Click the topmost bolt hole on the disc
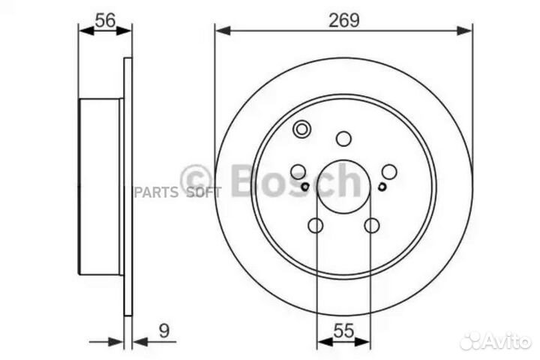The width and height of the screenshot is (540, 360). (343, 138)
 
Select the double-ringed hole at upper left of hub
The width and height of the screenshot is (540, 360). (301, 129)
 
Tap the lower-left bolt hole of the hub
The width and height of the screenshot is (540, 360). (316, 225)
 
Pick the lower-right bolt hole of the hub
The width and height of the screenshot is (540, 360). (371, 225)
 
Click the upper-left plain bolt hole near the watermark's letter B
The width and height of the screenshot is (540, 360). (298, 171)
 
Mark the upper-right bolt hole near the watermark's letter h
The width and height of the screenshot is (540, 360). (389, 171)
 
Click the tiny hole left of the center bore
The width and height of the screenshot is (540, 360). (305, 187)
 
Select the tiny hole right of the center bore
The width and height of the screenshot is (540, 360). (382, 187)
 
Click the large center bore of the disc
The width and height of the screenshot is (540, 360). (343, 187)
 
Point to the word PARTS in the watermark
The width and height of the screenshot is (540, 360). (156, 192)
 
